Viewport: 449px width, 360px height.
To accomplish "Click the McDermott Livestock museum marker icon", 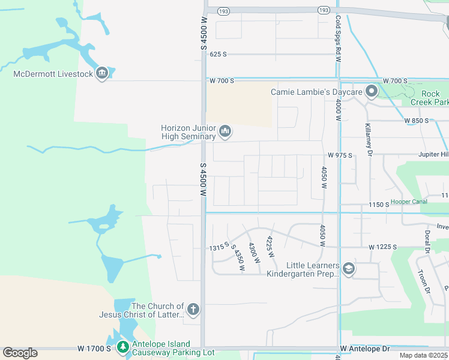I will point(101,74).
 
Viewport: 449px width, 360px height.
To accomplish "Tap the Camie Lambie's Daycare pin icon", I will point(372,92).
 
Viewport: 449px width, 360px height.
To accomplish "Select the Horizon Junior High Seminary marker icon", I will point(225,131).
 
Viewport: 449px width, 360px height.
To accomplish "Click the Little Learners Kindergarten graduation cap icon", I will point(348,270).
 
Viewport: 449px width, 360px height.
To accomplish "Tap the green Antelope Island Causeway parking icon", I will point(122,347).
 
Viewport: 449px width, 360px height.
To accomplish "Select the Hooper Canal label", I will point(409,202).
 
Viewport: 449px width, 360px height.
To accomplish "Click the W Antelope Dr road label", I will point(365,349).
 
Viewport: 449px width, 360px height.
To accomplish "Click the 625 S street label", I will point(218,54).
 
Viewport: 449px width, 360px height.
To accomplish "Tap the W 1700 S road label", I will point(94,349).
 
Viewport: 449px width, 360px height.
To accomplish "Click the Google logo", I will point(20,353).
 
